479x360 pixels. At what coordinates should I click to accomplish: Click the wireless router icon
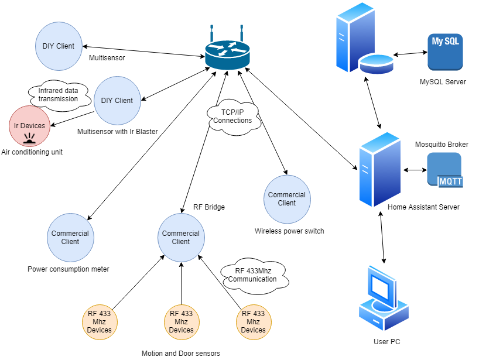[x=227, y=53]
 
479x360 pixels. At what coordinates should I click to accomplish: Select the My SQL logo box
[x=445, y=52]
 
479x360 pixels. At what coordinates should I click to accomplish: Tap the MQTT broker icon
[x=444, y=170]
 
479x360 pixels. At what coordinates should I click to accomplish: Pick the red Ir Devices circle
[x=29, y=126]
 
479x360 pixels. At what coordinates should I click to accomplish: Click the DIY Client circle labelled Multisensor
[x=59, y=46]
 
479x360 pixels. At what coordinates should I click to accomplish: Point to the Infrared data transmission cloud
[x=58, y=95]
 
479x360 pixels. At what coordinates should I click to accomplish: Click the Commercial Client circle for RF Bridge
[x=181, y=237]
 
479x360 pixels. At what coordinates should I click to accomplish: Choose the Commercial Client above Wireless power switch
[x=287, y=199]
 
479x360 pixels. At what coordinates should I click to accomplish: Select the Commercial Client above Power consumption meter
[x=70, y=237]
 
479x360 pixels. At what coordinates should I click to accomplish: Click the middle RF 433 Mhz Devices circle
[x=182, y=322]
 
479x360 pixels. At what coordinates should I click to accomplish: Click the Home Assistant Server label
[x=423, y=207]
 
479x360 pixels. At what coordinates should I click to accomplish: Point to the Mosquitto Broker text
[x=442, y=144]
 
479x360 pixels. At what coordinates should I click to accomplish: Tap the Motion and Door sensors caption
[x=181, y=353]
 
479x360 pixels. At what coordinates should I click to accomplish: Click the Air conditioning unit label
[x=32, y=152]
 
